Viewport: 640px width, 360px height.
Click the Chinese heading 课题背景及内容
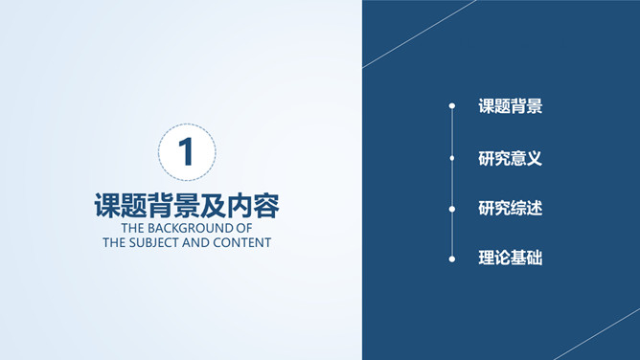pyautogui.click(x=187, y=206)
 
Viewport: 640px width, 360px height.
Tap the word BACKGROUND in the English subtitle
pyautogui.click(x=192, y=229)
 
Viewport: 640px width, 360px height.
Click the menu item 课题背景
pyautogui.click(x=510, y=107)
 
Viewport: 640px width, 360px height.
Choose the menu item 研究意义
pyautogui.click(x=510, y=158)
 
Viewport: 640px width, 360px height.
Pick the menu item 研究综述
pyautogui.click(x=510, y=208)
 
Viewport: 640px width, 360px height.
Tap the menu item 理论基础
pyautogui.click(x=510, y=259)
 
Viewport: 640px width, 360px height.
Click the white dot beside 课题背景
pyautogui.click(x=451, y=106)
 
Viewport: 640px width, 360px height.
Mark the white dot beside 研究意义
pyautogui.click(x=451, y=157)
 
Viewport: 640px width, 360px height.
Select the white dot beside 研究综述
pyautogui.click(x=451, y=208)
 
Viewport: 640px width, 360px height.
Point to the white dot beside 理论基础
pyautogui.click(x=451, y=258)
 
